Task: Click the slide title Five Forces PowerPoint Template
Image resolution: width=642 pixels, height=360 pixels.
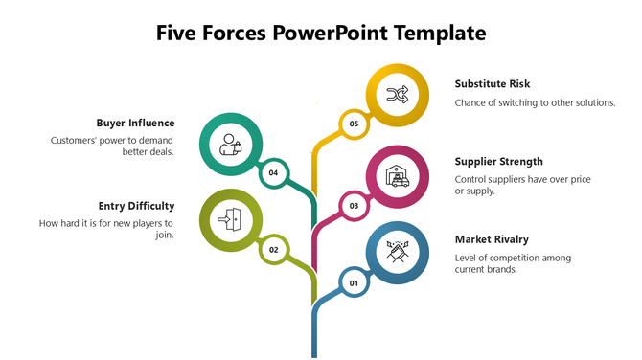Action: coord(321,33)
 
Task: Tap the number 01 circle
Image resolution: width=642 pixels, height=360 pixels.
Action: coord(354,282)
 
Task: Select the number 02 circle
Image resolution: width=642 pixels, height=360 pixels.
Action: coord(273,249)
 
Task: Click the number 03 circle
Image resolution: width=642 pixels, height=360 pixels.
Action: coord(354,205)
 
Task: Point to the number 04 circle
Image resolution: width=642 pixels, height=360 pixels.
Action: coord(273,172)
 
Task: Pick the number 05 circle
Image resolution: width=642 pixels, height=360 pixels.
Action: coord(354,124)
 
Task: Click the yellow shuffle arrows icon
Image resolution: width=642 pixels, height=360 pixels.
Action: coord(397,94)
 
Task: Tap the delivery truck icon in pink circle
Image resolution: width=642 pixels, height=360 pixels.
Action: coord(397,176)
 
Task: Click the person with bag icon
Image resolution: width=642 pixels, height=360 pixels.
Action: coord(230,145)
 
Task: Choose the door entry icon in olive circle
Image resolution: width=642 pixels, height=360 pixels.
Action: coord(230,220)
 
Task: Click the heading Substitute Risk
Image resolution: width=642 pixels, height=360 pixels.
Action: coord(493,83)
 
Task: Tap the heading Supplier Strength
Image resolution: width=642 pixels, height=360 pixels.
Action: coord(498,161)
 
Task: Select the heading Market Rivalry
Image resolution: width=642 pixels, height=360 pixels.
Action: coord(492,238)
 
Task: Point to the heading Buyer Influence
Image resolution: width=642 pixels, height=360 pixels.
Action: coord(135,123)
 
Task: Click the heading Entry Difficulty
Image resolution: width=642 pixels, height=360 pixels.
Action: coord(136,206)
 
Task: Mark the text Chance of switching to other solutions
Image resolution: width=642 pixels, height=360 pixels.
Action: coord(535,102)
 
